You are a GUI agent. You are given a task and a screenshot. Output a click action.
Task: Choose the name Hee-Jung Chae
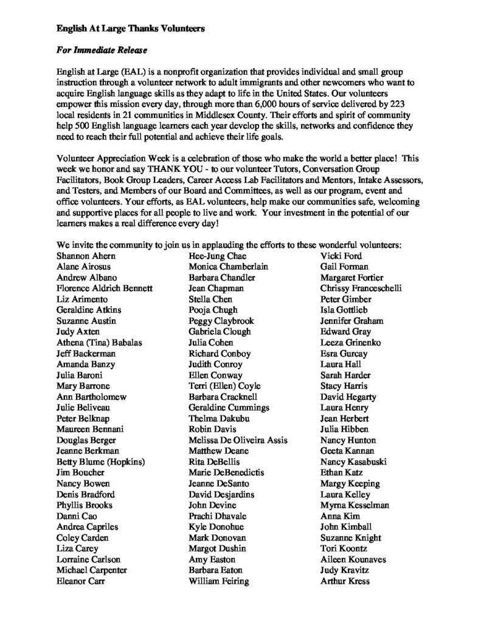(x=216, y=256)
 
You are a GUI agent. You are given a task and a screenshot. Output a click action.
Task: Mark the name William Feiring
(x=219, y=581)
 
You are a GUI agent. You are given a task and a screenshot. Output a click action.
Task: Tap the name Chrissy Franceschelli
(x=361, y=288)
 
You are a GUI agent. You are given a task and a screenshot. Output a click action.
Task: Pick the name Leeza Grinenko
(x=346, y=343)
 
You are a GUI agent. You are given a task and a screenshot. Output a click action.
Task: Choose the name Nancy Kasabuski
(x=351, y=462)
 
